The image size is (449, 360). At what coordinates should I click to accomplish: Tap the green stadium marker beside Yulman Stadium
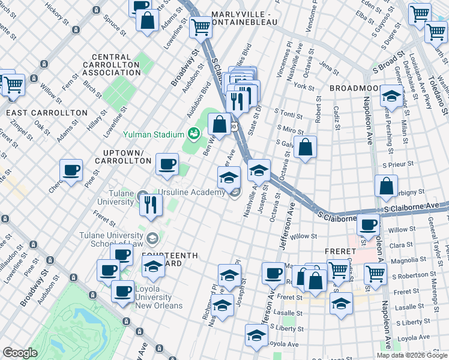point(194,133)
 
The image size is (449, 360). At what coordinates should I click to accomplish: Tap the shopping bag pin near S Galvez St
point(306,147)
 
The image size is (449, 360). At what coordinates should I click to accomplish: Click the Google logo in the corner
point(20,353)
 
